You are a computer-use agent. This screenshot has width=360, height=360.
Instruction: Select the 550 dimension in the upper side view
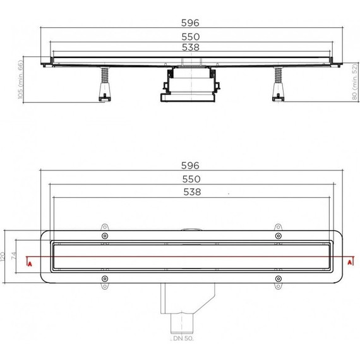(x=190, y=37)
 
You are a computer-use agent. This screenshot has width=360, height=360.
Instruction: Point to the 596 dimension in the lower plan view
(x=190, y=165)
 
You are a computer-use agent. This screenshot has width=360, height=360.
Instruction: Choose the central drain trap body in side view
(x=190, y=85)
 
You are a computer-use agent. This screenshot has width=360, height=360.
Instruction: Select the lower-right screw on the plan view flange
(x=277, y=279)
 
